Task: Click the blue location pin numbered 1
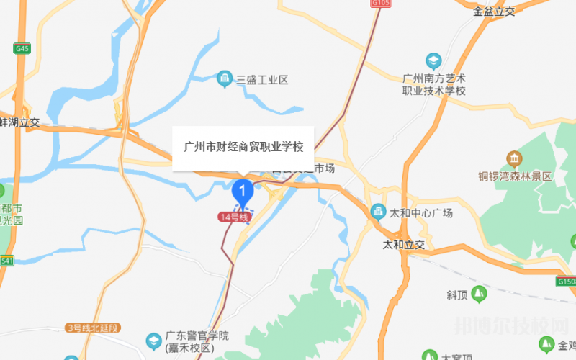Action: pyautogui.click(x=243, y=192)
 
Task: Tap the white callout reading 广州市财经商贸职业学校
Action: pyautogui.click(x=244, y=148)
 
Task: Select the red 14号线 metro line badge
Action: pyautogui.click(x=234, y=217)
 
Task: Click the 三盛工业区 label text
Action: pyautogui.click(x=262, y=80)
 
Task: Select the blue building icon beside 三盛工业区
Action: pyautogui.click(x=225, y=78)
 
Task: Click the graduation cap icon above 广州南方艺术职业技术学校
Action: pyautogui.click(x=433, y=60)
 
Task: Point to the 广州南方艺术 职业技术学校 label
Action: pyautogui.click(x=434, y=84)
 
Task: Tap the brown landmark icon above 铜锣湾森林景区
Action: pyautogui.click(x=514, y=158)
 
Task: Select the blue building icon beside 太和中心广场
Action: pyautogui.click(x=377, y=212)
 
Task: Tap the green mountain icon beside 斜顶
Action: pyautogui.click(x=480, y=294)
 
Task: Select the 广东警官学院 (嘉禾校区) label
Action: pyautogui.click(x=197, y=341)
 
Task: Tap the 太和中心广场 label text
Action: pyautogui.click(x=420, y=213)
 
